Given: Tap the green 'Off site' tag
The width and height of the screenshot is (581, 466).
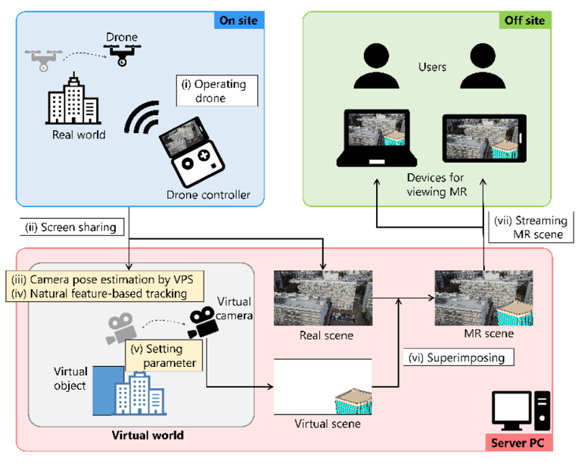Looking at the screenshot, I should [534, 21].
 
